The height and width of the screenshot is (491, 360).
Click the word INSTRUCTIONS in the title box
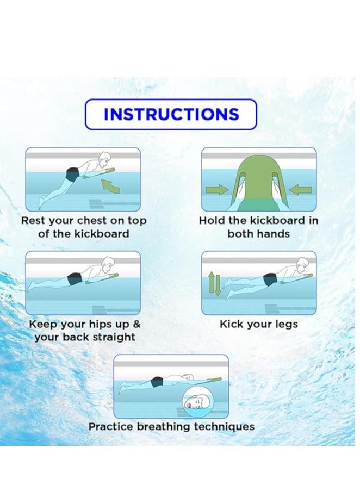[171, 114]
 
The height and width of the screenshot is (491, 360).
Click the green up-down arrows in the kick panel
[214, 284]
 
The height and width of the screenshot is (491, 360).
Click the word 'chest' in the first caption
[93, 221]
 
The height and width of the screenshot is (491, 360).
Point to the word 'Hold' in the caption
[212, 221]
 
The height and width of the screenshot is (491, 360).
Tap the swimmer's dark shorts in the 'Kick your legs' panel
[270, 280]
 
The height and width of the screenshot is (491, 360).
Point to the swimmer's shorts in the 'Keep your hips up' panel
[74, 279]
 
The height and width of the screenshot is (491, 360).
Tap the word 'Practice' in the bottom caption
[111, 427]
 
